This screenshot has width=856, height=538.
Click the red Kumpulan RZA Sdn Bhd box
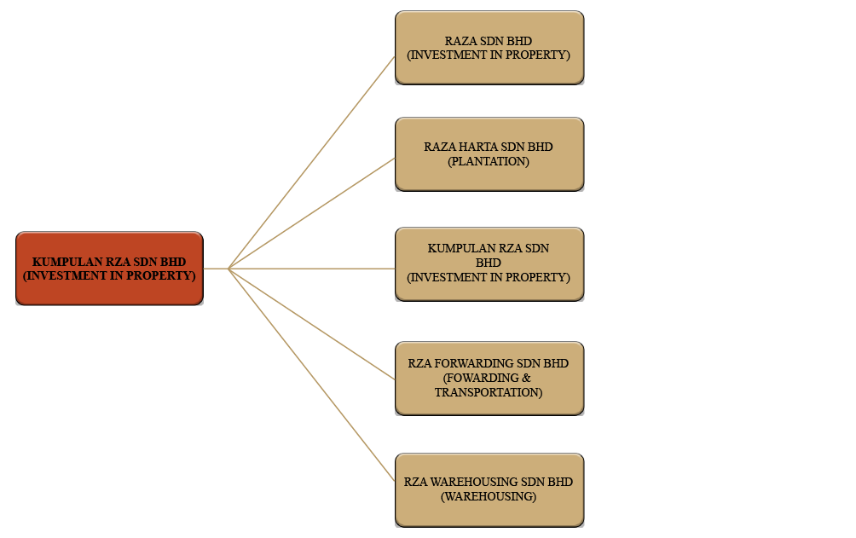coord(109,268)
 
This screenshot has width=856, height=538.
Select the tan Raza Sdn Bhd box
coord(489,48)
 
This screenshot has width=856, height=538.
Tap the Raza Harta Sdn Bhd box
coord(489,153)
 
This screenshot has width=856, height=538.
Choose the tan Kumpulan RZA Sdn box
coord(489,263)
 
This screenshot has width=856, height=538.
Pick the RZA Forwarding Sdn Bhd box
coord(489,378)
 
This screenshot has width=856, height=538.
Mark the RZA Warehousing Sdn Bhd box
coord(489,489)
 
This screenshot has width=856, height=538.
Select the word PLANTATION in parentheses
coord(489,161)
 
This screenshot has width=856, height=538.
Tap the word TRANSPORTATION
coord(488,392)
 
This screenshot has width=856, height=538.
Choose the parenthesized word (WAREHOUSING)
coord(489,496)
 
